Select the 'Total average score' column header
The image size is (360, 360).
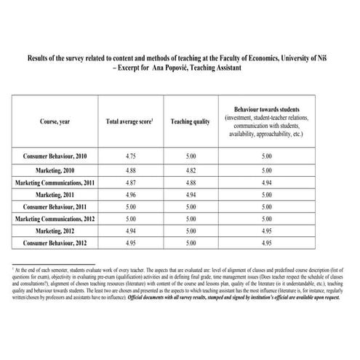[x=129, y=121]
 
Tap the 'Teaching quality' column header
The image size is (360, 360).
[x=190, y=121]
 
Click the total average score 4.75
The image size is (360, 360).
[x=129, y=156]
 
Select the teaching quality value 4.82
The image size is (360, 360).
[x=190, y=170]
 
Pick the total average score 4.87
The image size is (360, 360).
[x=129, y=183]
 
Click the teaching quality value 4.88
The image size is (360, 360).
[x=190, y=183]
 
